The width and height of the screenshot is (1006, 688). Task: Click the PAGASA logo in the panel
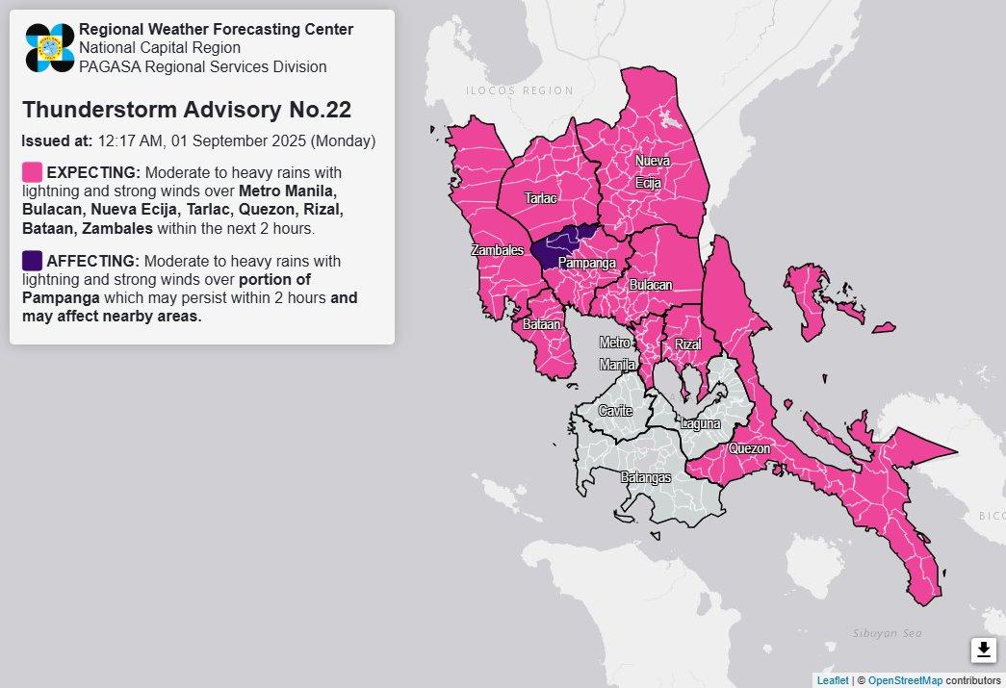[50, 48]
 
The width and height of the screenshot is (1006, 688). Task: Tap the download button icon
[983, 650]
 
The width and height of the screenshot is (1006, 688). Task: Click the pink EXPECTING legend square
[32, 172]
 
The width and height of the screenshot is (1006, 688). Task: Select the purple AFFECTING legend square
[32, 261]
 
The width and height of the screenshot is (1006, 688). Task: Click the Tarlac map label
[540, 198]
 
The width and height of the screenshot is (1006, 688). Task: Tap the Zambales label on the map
[497, 250]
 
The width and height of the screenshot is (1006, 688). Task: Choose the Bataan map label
[541, 325]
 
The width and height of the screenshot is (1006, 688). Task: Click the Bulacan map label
[651, 285]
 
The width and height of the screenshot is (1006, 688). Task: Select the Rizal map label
[687, 344]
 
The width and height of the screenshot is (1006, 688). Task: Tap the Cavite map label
[615, 411]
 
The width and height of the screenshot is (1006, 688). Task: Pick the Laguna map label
[699, 423]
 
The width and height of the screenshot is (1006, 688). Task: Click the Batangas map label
[645, 477]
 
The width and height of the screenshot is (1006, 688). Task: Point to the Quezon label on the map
[749, 448]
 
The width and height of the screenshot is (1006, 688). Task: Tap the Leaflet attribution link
[833, 680]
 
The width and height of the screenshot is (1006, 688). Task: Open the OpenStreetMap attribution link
[905, 680]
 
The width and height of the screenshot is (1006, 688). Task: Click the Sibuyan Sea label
[887, 633]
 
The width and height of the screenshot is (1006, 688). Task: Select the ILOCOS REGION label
[519, 90]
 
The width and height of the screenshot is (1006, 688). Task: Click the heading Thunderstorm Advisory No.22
[186, 110]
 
